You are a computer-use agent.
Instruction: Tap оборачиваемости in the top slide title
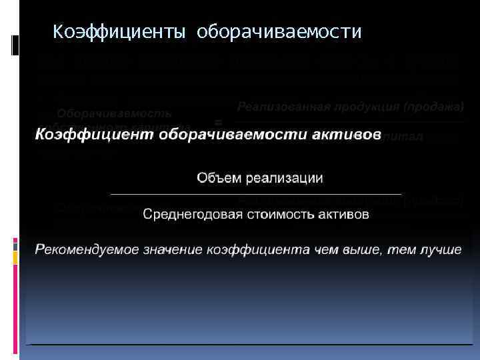coord(279,31)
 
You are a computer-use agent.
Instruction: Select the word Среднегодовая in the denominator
coord(186,215)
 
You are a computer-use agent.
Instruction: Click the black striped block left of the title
coord(15,45)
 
